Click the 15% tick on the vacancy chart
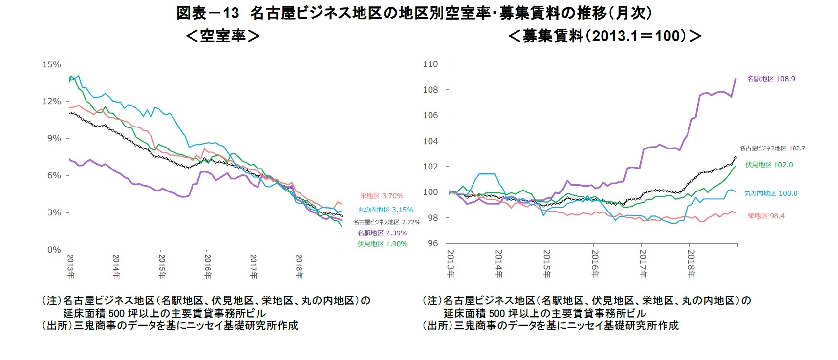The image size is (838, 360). [52, 64]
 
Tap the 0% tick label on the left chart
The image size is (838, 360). [54, 250]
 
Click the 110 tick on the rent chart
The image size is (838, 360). [430, 64]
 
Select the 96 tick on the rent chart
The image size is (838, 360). [432, 243]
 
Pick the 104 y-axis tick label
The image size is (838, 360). [430, 141]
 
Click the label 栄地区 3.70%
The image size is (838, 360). [382, 196]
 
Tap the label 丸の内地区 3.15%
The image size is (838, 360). [386, 210]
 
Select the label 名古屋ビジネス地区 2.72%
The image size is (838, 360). [387, 222]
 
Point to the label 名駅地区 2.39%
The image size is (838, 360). [382, 233]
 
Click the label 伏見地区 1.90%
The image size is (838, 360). [382, 244]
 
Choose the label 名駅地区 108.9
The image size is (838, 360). [771, 79]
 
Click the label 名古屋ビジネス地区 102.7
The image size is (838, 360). [772, 148]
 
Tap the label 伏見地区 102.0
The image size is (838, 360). [769, 165]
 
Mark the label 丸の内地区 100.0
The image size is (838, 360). [771, 193]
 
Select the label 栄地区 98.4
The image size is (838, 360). [766, 216]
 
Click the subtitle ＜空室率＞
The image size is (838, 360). [223, 36]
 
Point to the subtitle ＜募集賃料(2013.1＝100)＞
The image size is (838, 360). [604, 36]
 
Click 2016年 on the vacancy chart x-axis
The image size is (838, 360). [208, 266]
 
